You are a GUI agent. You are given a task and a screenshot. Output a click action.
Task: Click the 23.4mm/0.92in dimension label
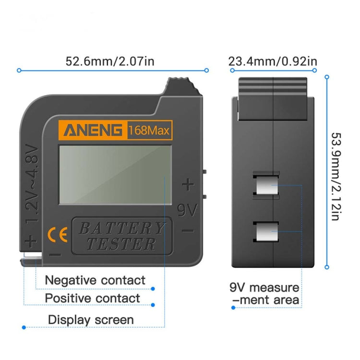[273, 61]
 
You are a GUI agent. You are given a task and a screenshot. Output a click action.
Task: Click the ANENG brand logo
[93, 131]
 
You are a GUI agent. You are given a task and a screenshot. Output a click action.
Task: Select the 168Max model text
[149, 131]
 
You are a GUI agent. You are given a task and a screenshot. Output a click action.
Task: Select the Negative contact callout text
[95, 280]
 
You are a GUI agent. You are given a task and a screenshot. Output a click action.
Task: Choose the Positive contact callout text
[93, 298]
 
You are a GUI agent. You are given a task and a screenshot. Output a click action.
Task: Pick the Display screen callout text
[91, 319]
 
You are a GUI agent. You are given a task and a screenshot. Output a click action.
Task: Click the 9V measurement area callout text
[264, 294]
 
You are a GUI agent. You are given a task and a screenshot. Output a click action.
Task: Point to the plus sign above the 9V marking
[189, 185]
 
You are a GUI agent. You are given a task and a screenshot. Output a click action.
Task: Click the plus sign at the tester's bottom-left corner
[31, 241]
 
